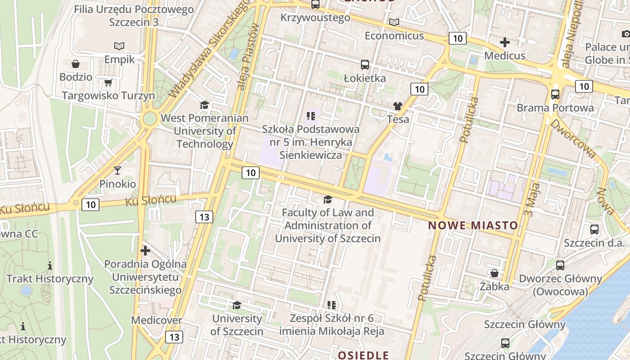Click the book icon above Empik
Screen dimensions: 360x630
coord(119,46)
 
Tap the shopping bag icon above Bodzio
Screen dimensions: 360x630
coord(76,64)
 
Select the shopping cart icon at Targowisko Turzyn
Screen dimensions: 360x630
coord(108,82)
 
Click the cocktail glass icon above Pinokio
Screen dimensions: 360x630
coord(117,170)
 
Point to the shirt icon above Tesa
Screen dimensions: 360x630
coord(398,106)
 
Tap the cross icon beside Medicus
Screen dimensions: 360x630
coord(505,42)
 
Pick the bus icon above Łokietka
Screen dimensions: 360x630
coord(365,65)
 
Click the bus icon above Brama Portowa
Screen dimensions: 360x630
coord(555,94)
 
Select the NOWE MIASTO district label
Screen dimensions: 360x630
coord(472,225)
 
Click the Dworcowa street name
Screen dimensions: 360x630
coord(574,139)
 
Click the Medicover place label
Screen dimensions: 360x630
coord(157,320)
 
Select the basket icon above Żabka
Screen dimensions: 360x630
coord(494,273)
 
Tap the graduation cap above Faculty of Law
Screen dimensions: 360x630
coord(328,199)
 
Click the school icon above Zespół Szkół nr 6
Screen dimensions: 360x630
coord(332,305)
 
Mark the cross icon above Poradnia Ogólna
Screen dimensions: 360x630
coord(145,251)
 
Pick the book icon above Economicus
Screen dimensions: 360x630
coord(394,22)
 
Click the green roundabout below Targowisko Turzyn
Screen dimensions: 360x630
coord(149,119)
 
